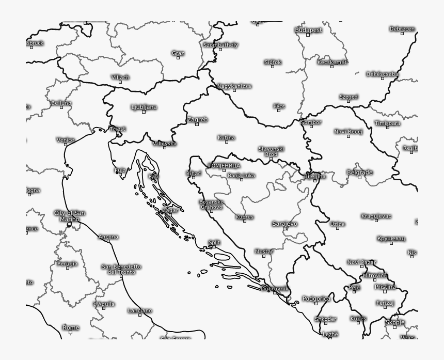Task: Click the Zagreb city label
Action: (197, 119)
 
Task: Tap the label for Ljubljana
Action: (144, 107)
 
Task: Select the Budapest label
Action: (308, 30)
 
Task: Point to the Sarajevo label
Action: (284, 224)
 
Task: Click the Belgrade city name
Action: (359, 173)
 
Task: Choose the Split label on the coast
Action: (214, 242)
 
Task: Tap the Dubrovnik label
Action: (275, 288)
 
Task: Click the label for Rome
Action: (71, 327)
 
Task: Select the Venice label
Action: (66, 139)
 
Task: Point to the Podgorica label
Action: (316, 299)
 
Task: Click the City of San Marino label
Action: (70, 216)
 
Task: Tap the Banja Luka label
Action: (241, 176)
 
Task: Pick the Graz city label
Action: (178, 53)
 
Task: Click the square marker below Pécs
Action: (279, 111)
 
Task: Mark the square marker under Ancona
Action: (108, 241)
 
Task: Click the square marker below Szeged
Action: (348, 101)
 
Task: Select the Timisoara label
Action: (387, 123)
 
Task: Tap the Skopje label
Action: (395, 322)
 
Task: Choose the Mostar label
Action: (263, 252)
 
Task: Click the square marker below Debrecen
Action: (402, 34)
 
